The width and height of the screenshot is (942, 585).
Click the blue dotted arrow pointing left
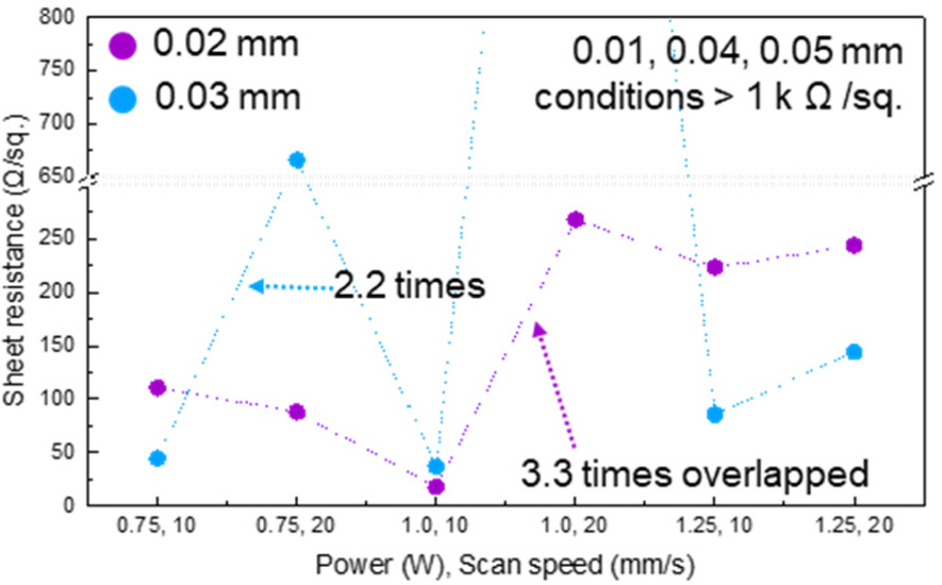click(x=291, y=287)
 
